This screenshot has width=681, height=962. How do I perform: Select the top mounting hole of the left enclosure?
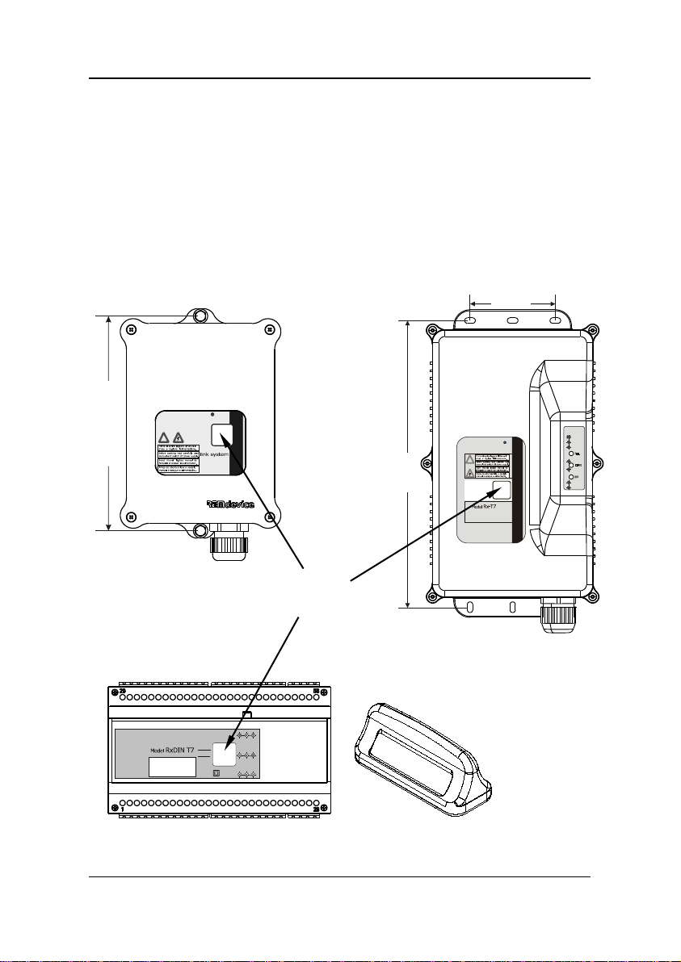tap(200, 316)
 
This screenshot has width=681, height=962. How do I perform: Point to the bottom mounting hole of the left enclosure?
tap(200, 530)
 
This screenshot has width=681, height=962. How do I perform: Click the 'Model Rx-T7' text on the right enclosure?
tap(483, 507)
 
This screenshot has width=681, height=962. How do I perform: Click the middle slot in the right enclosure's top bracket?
tap(512, 321)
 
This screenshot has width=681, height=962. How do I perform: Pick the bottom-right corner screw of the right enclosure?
tap(591, 598)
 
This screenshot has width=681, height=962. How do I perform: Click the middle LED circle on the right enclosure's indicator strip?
tap(570, 466)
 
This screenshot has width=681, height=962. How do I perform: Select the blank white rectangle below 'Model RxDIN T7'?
tap(173, 767)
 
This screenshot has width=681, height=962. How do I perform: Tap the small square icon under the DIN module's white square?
tap(216, 773)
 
